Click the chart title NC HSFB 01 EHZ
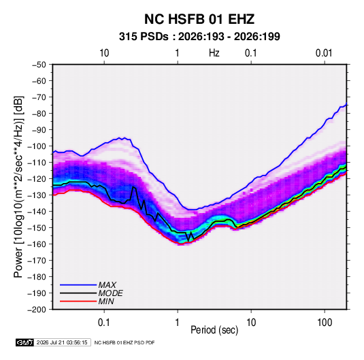199,19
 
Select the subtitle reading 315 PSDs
144,37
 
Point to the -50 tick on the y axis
39,65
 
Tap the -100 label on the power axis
37,146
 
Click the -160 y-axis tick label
37,244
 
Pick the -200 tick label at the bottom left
37,310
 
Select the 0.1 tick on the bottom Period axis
104,323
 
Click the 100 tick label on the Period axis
325,323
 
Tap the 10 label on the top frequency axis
104,53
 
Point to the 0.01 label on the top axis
324,53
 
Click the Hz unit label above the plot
214,53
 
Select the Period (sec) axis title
214,330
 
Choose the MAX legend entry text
107,285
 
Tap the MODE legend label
110,293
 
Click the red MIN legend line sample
78,301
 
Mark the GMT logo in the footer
24,342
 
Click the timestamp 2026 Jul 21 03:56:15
62,342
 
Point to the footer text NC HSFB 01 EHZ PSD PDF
125,342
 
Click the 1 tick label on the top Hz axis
178,53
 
